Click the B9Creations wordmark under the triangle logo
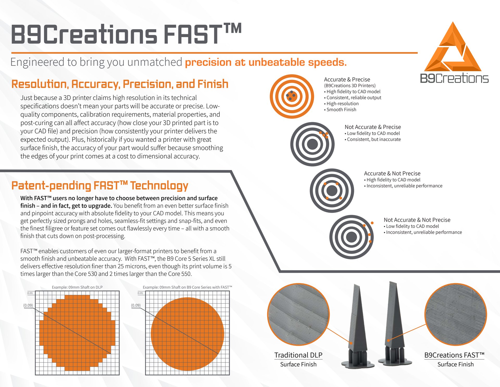click(454, 78)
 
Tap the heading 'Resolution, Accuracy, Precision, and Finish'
click(120, 84)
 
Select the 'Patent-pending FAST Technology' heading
click(100, 185)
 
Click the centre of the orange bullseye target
click(292, 96)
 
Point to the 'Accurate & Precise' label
click(347, 79)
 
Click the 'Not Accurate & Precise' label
click(373, 127)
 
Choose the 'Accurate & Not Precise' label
click(392, 173)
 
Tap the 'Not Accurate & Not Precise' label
click(417, 220)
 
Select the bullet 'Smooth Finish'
click(340, 110)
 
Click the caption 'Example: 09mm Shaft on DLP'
click(77, 287)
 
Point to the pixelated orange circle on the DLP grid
click(77, 333)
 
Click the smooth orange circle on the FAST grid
click(187, 334)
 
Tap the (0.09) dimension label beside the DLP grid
click(28, 305)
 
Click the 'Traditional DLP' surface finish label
click(298, 355)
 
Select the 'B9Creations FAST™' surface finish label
click(454, 355)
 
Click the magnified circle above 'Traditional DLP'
click(298, 314)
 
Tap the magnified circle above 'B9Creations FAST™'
click(456, 314)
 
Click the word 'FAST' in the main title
click(193, 34)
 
